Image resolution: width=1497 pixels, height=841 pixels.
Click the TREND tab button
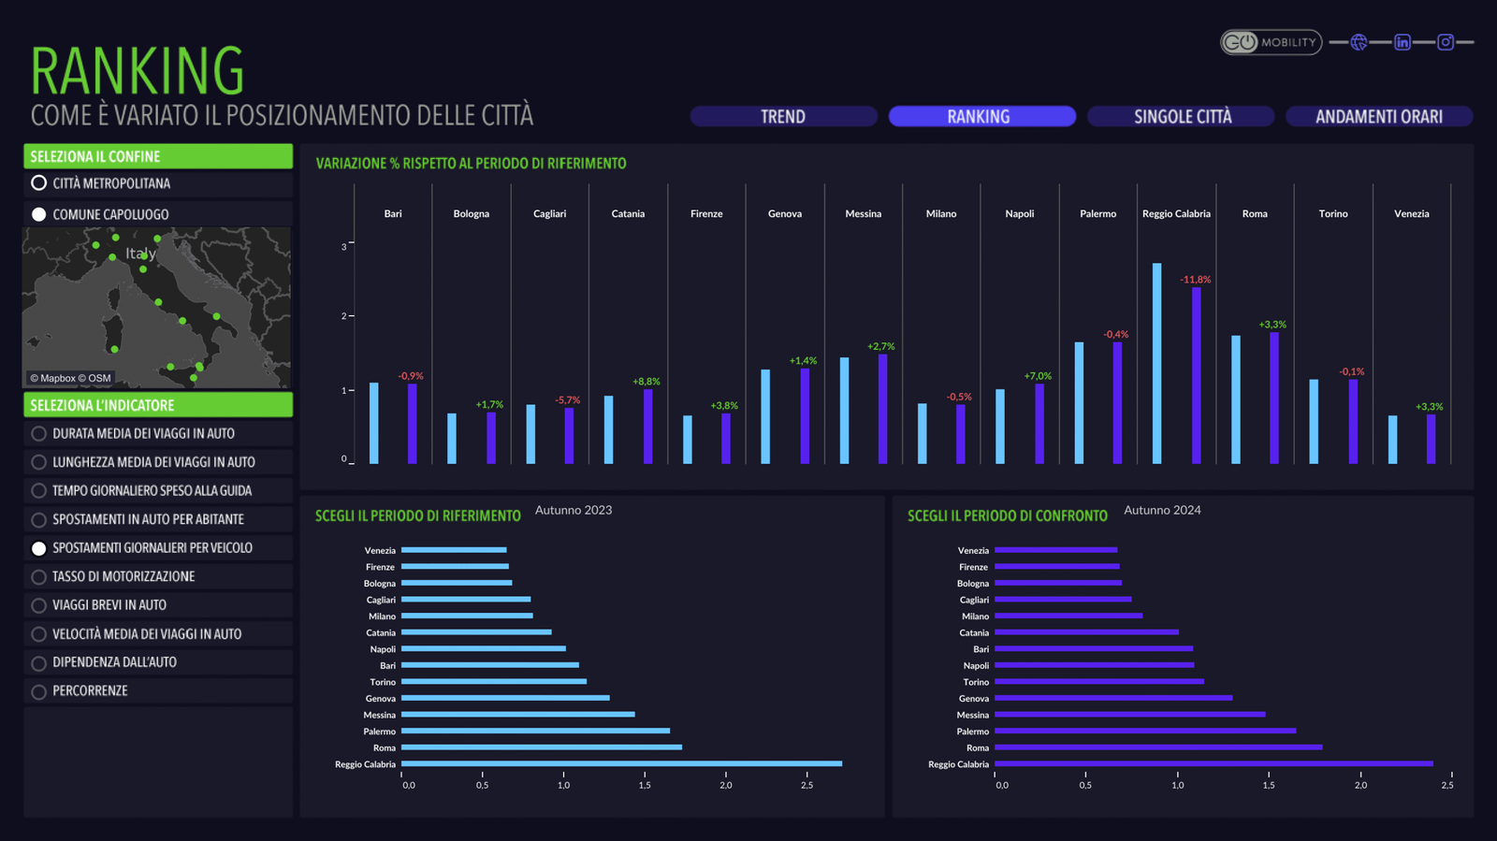tap(783, 116)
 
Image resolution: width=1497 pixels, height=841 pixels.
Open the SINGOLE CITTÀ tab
tap(1182, 116)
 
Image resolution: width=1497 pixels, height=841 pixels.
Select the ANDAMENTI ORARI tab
tap(1378, 116)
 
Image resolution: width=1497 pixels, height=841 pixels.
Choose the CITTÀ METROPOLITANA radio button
tap(39, 183)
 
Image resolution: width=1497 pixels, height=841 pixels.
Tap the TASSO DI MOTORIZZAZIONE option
tap(39, 577)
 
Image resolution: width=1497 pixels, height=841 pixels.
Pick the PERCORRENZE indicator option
tap(39, 692)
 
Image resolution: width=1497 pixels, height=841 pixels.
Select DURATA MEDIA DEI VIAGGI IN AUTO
tap(39, 434)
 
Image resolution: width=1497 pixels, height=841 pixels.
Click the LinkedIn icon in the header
tap(1402, 42)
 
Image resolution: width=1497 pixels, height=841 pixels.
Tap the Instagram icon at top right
tap(1446, 42)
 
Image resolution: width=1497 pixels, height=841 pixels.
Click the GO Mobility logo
tap(1270, 42)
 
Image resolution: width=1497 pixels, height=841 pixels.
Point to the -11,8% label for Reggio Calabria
tap(1195, 280)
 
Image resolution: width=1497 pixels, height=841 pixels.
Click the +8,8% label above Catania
tap(646, 382)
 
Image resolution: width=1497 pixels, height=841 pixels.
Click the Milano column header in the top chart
tap(941, 214)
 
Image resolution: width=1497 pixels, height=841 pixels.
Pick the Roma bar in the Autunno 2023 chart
tap(541, 747)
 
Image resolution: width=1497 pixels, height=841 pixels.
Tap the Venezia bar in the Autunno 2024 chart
tap(1055, 550)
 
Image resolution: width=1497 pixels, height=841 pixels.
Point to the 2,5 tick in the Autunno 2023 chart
tap(807, 785)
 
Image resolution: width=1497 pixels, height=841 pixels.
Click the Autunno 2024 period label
tap(1162, 510)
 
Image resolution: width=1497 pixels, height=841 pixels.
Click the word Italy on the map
tap(140, 254)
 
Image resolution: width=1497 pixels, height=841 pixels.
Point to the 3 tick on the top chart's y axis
tap(344, 247)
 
